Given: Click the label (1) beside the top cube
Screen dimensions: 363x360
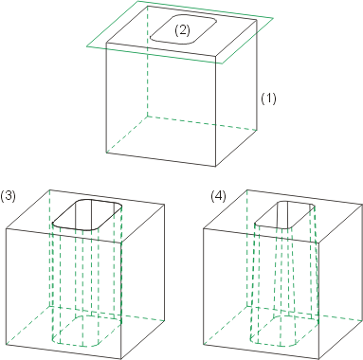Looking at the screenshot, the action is click(x=268, y=99).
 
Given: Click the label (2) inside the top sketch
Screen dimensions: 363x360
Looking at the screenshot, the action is click(x=182, y=30).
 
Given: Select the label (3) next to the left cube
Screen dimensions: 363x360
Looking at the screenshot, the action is click(x=8, y=196).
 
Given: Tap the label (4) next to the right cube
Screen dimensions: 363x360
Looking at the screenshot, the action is click(x=219, y=197).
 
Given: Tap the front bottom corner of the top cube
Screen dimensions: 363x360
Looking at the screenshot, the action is click(x=216, y=167).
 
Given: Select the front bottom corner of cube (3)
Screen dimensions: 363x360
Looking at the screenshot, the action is click(x=121, y=359).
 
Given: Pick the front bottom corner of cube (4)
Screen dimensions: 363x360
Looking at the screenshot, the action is click(x=319, y=359).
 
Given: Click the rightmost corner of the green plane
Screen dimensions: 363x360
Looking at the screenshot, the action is click(x=273, y=18).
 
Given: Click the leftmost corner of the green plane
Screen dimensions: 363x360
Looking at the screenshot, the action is click(x=87, y=46).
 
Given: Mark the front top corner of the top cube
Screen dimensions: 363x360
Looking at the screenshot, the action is click(x=216, y=56).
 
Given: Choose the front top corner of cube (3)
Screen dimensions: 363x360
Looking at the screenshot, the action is click(x=121, y=243).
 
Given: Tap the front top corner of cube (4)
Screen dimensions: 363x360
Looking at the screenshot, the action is click(x=319, y=243).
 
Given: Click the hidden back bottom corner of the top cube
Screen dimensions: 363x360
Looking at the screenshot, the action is click(x=148, y=116).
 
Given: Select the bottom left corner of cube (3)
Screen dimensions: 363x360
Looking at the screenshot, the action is click(x=6, y=345).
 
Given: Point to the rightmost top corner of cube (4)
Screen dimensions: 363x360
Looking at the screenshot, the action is click(x=362, y=204).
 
